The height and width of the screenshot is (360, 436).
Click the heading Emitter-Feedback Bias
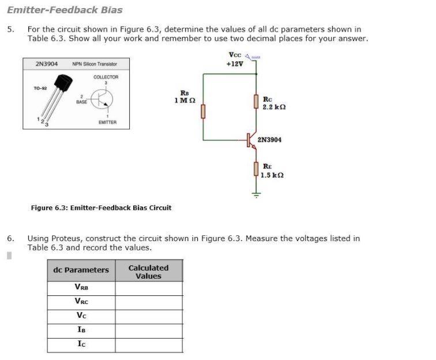pyautogui.click(x=65, y=10)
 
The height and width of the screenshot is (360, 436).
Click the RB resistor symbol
pyautogui.click(x=203, y=111)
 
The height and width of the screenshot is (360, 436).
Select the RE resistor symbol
pyautogui.click(x=256, y=168)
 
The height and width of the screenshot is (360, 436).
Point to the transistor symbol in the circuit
pyautogui.click(x=251, y=140)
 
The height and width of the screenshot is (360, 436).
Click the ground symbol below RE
pyautogui.click(x=256, y=195)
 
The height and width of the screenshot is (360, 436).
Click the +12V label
pyautogui.click(x=235, y=63)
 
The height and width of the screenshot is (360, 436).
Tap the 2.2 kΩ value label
pyautogui.click(x=274, y=107)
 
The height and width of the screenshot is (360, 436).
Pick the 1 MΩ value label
pyautogui.click(x=185, y=100)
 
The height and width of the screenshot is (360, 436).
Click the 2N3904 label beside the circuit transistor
pyautogui.click(x=269, y=140)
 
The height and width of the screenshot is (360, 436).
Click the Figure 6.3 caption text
pyautogui.click(x=101, y=208)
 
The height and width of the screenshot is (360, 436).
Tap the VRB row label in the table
pyautogui.click(x=81, y=287)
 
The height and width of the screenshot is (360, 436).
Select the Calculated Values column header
pyautogui.click(x=148, y=272)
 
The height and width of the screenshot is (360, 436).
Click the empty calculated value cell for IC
pyautogui.click(x=148, y=345)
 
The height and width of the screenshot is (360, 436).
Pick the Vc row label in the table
pyautogui.click(x=81, y=316)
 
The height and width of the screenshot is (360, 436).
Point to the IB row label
pyautogui.click(x=81, y=330)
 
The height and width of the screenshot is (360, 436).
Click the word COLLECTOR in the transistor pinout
pyautogui.click(x=106, y=77)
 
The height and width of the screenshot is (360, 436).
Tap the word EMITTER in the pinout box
pyautogui.click(x=107, y=122)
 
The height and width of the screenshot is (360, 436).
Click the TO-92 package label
pyautogui.click(x=40, y=88)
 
